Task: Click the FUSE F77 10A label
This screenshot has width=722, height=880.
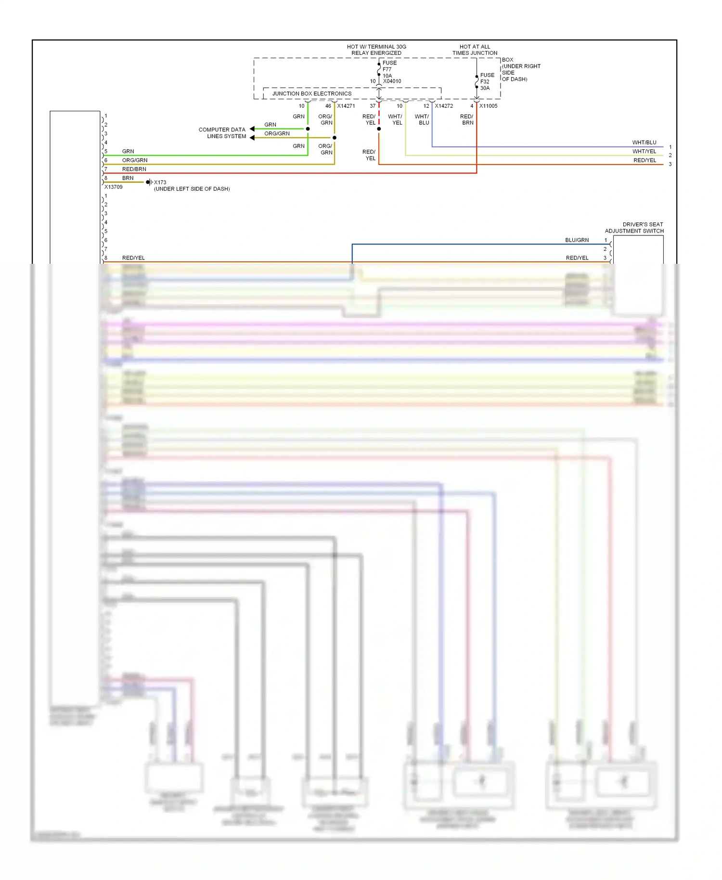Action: pyautogui.click(x=389, y=69)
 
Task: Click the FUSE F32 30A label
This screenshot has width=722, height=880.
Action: pyautogui.click(x=487, y=81)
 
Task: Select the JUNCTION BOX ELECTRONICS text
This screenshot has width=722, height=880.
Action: pyautogui.click(x=311, y=93)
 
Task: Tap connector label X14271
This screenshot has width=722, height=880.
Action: pyautogui.click(x=346, y=106)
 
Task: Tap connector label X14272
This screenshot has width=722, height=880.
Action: pyautogui.click(x=443, y=106)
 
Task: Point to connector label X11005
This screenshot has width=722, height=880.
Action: pyautogui.click(x=488, y=106)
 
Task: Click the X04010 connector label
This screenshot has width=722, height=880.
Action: pyautogui.click(x=392, y=81)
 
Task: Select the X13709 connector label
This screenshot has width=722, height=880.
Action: pyautogui.click(x=114, y=187)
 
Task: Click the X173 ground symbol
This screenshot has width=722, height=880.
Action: pyautogui.click(x=149, y=182)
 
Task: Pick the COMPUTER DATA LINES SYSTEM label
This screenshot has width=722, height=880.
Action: pyautogui.click(x=222, y=133)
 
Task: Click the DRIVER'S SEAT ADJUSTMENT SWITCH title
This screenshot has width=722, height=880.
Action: pyautogui.click(x=634, y=228)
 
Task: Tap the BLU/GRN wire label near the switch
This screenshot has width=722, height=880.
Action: pyautogui.click(x=577, y=240)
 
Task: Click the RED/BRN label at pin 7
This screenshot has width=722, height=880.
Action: pyautogui.click(x=134, y=169)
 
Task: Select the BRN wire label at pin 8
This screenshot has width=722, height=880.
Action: pyautogui.click(x=128, y=178)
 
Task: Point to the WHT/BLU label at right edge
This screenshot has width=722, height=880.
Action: pyautogui.click(x=644, y=142)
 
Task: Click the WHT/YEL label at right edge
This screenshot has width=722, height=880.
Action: pyautogui.click(x=644, y=151)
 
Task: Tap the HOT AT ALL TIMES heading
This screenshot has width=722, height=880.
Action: pyautogui.click(x=475, y=50)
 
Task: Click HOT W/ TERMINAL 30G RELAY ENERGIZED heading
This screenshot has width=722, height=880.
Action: pyautogui.click(x=376, y=50)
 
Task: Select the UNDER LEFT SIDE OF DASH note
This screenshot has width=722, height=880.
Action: pyautogui.click(x=192, y=189)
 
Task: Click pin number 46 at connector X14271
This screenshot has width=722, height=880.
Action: pyautogui.click(x=328, y=106)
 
